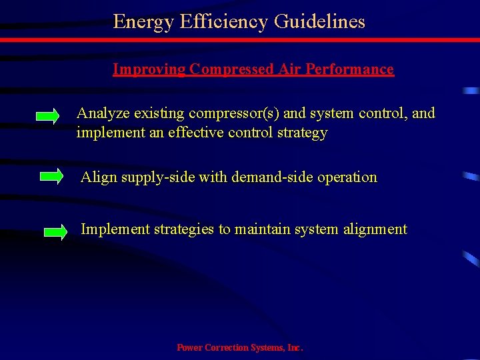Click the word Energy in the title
(x=137, y=22)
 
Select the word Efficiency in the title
(x=216, y=22)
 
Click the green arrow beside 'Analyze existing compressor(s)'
(x=47, y=117)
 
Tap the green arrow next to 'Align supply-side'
(x=51, y=177)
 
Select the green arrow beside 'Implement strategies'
(x=55, y=232)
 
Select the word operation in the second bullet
(x=348, y=177)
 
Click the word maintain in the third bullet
(x=260, y=229)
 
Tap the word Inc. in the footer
(x=295, y=348)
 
